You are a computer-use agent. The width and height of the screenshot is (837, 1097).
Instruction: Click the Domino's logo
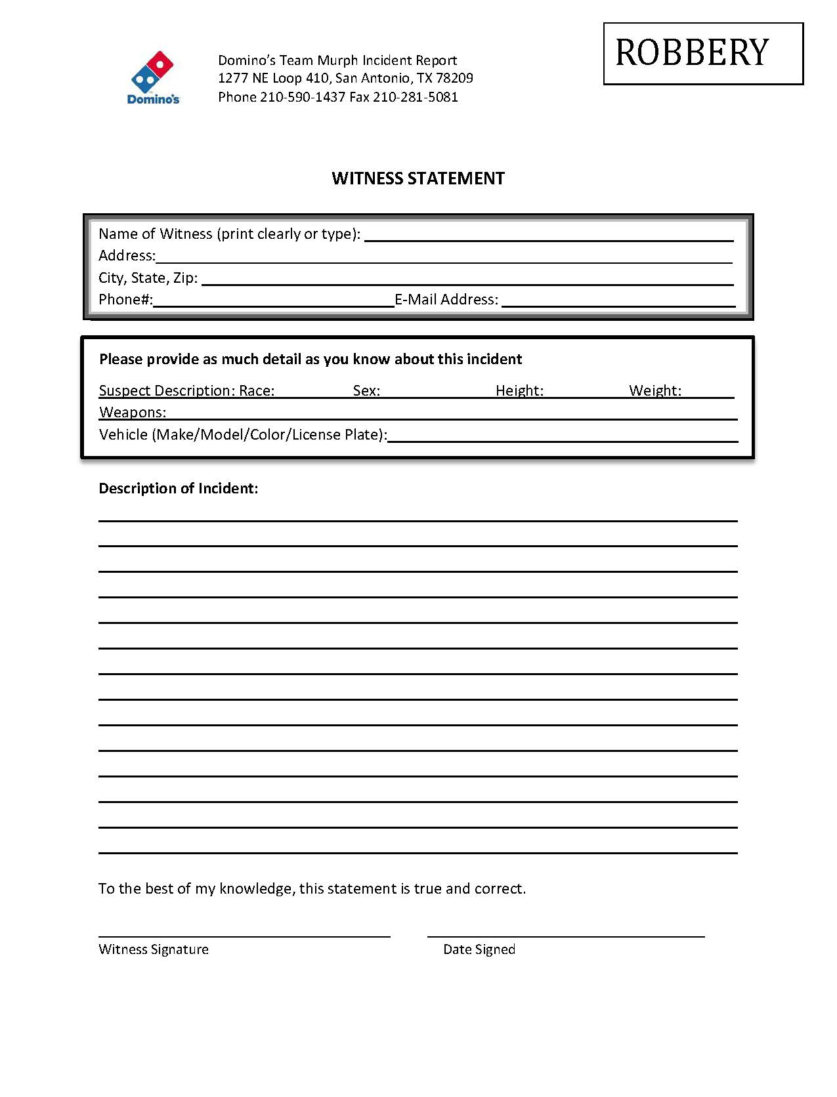click(153, 77)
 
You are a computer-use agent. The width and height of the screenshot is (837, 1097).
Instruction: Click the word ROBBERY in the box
click(692, 53)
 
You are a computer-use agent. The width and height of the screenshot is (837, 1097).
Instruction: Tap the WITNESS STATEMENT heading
click(418, 178)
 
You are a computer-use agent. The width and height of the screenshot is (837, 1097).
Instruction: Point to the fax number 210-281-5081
click(416, 97)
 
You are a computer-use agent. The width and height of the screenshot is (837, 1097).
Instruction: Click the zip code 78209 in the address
click(454, 78)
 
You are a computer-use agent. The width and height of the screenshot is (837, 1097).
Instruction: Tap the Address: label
click(127, 256)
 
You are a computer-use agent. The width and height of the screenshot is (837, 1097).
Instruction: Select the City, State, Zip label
click(148, 278)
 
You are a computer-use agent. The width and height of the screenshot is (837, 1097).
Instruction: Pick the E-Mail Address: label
click(446, 300)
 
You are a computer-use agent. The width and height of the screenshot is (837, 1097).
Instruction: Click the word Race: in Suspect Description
click(257, 391)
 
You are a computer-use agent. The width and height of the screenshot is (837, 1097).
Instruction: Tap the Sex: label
click(366, 391)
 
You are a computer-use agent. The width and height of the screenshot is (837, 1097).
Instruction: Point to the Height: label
click(519, 391)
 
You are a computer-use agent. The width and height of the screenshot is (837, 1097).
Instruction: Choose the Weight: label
click(655, 391)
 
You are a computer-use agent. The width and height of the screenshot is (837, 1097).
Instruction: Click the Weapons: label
click(133, 413)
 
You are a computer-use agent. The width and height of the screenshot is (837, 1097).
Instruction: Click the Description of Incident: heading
click(178, 488)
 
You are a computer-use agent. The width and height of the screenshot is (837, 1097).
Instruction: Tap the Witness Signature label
click(154, 949)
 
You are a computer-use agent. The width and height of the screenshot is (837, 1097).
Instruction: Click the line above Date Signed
click(566, 936)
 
